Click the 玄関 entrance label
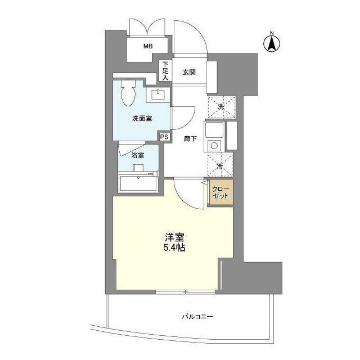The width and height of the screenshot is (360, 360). click(x=188, y=72)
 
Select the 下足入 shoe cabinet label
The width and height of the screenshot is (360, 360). click(x=165, y=70)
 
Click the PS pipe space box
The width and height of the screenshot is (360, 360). click(x=164, y=137)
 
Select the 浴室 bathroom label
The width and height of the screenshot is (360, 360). click(x=138, y=155)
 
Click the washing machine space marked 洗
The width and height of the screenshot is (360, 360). click(x=220, y=106)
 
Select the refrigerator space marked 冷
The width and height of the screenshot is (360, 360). click(x=220, y=166)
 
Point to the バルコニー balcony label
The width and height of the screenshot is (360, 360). click(x=197, y=317)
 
